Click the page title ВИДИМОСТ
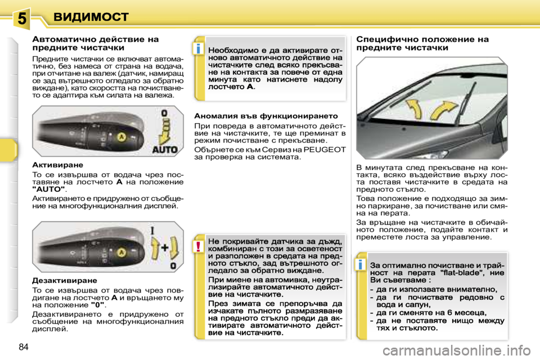pyautogui.click(x=91, y=17)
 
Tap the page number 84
pyautogui.click(x=23, y=346)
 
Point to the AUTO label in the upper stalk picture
pyautogui.click(x=164, y=150)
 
